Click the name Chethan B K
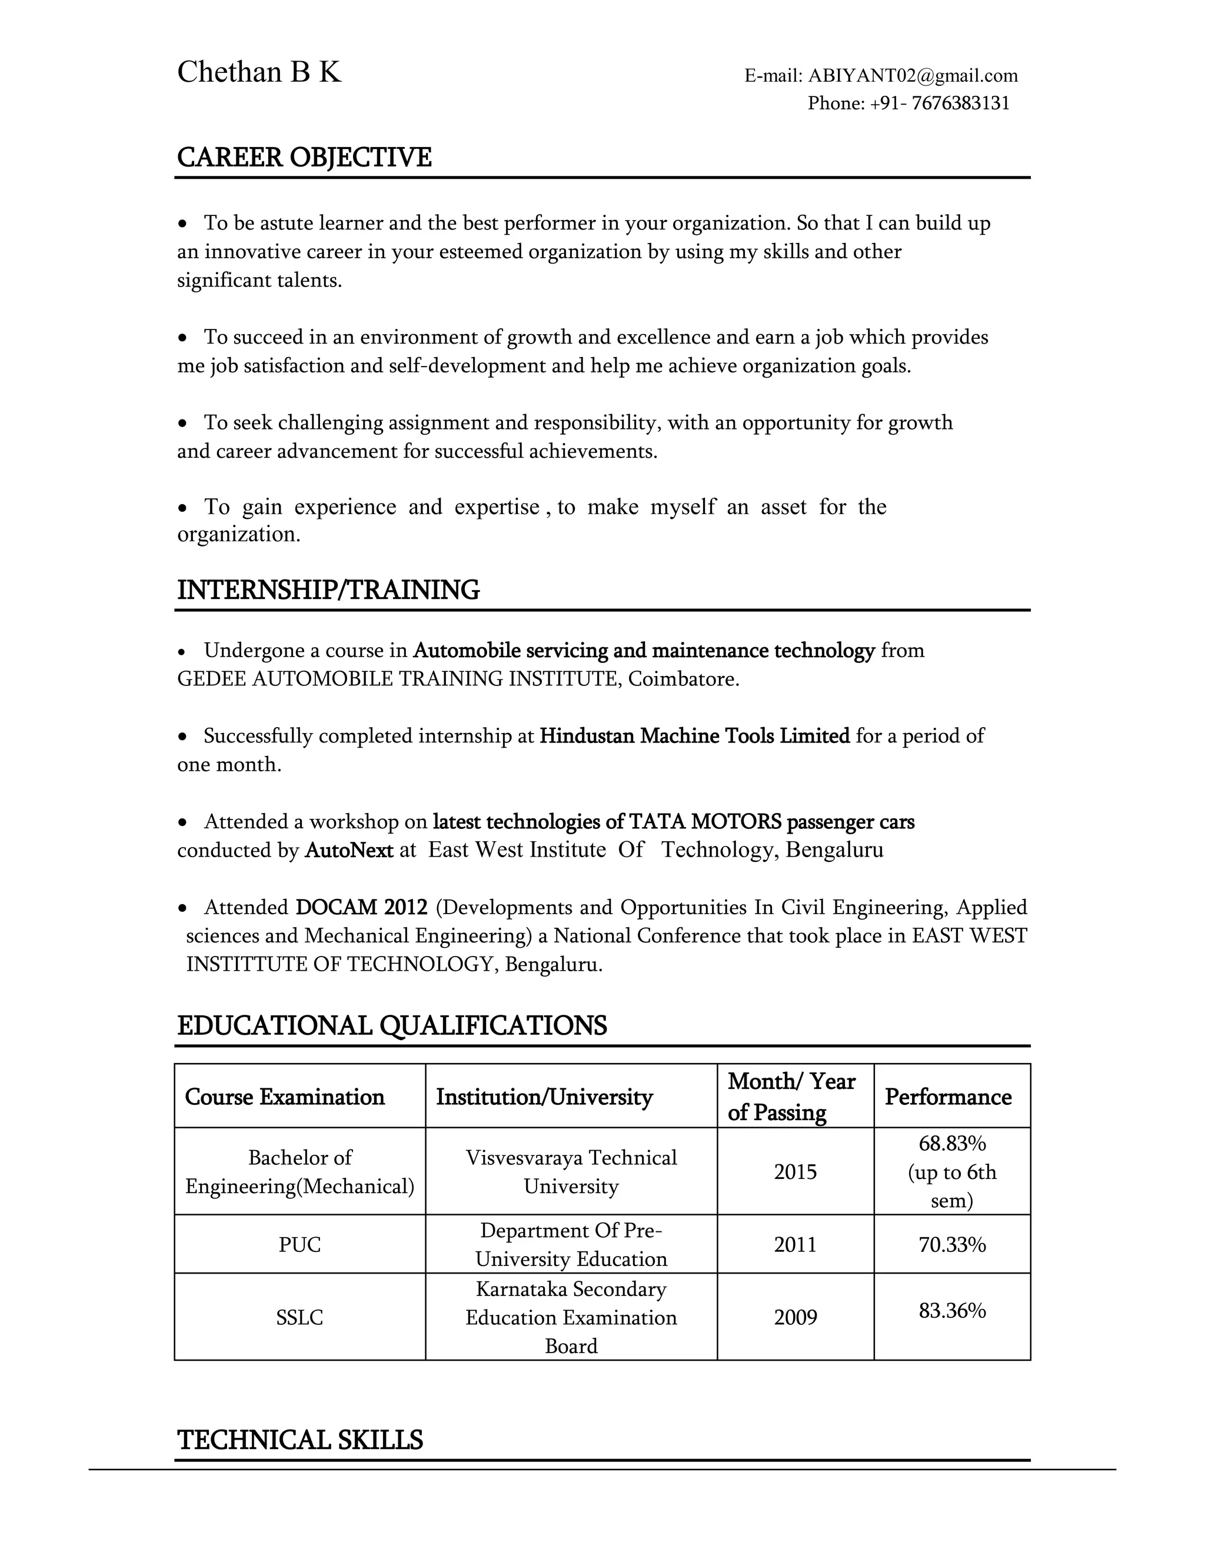(x=258, y=72)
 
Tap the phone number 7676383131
(x=960, y=104)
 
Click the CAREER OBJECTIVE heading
(x=304, y=157)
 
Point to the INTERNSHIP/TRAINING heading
(x=328, y=589)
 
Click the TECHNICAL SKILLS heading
(x=300, y=1440)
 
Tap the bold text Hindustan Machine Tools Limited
(x=694, y=735)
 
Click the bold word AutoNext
(x=349, y=850)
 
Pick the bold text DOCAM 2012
(x=361, y=907)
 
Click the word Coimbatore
(x=683, y=678)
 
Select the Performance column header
(x=948, y=1097)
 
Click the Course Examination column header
(x=284, y=1097)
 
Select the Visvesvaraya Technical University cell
(x=571, y=1171)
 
